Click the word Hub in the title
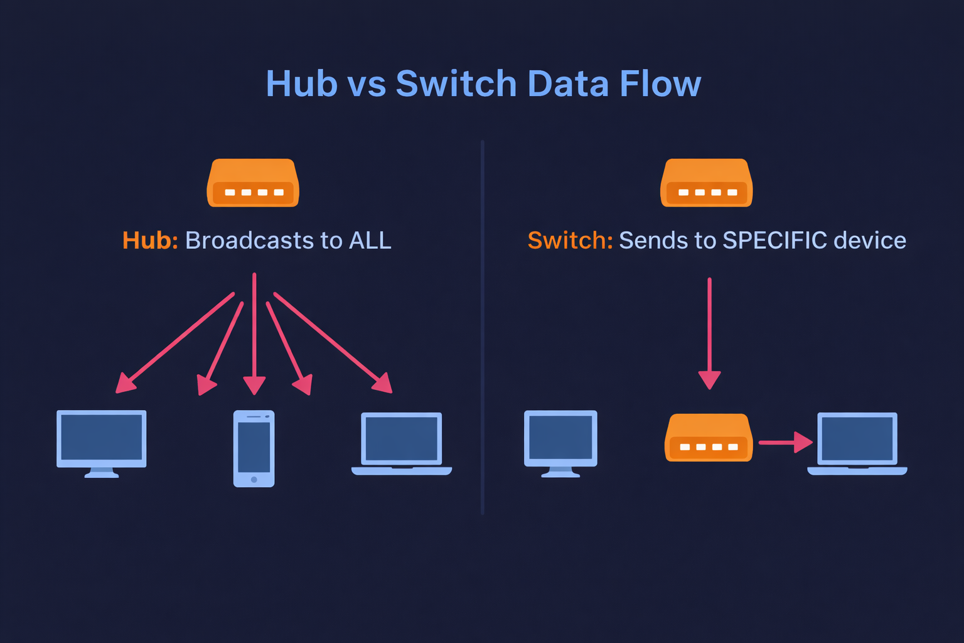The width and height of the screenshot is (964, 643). pyautogui.click(x=301, y=84)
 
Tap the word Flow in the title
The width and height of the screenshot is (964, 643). pyautogui.click(x=660, y=84)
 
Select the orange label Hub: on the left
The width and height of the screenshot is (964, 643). pyautogui.click(x=150, y=240)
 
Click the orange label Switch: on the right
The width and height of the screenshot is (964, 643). pyautogui.click(x=570, y=240)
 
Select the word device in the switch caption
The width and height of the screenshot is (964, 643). pyautogui.click(x=870, y=240)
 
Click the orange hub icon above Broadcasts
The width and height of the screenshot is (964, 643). pyautogui.click(x=253, y=183)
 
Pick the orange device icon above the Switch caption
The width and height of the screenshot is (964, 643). pyautogui.click(x=706, y=183)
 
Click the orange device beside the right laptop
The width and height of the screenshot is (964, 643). pyautogui.click(x=709, y=438)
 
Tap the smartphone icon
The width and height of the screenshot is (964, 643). pyautogui.click(x=254, y=448)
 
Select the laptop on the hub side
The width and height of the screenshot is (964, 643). pyautogui.click(x=402, y=443)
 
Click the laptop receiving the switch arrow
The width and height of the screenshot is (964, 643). pyautogui.click(x=857, y=443)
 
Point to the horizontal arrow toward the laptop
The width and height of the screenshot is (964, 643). pyautogui.click(x=785, y=442)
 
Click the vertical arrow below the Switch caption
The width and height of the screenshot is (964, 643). pyautogui.click(x=709, y=333)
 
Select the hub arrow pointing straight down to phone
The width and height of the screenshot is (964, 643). pyautogui.click(x=254, y=333)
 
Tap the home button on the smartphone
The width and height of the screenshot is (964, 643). pyautogui.click(x=254, y=480)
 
